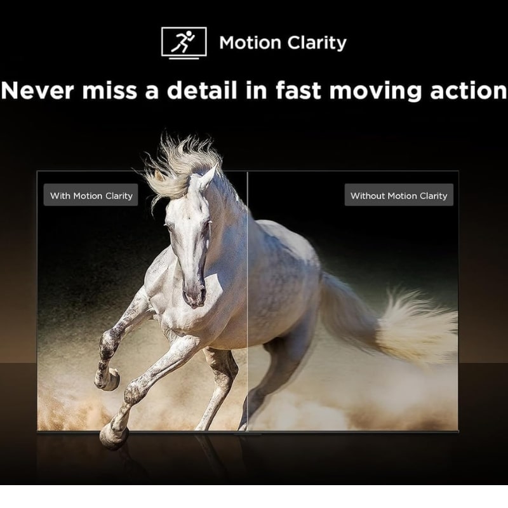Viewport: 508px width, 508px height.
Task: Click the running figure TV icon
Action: [184, 43]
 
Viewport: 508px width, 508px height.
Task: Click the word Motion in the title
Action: [250, 43]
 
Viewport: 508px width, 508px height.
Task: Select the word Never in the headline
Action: [37, 90]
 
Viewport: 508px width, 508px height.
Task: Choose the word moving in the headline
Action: [376, 91]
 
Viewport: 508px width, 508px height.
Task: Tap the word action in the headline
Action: [468, 90]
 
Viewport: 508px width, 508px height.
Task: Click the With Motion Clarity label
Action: [91, 195]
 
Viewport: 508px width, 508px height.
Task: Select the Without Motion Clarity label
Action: [399, 195]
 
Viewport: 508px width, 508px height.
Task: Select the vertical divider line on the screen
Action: [247, 301]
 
